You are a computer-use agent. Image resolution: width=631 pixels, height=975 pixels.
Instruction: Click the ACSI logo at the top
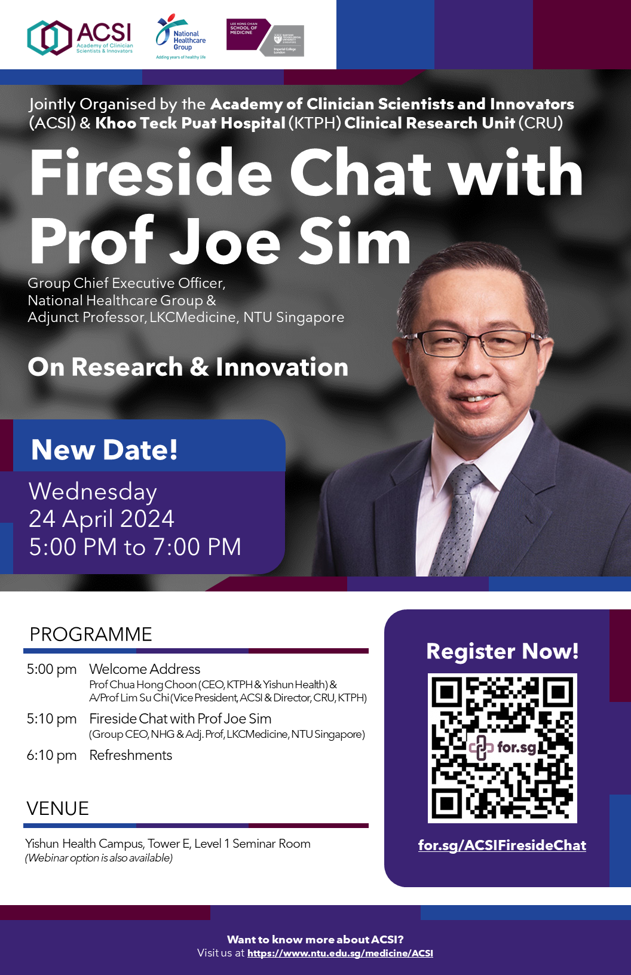(x=80, y=38)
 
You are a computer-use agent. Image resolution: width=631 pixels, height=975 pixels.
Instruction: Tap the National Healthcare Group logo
(x=180, y=37)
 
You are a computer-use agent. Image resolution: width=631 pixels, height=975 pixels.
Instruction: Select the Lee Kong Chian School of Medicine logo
(x=265, y=38)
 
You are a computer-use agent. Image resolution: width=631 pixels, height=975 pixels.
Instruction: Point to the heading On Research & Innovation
(x=188, y=367)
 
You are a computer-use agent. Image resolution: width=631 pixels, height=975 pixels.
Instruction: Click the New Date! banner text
(x=105, y=449)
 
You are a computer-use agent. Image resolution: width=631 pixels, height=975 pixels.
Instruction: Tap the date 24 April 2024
(x=102, y=519)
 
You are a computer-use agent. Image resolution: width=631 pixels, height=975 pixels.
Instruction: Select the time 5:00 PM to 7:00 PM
(x=135, y=547)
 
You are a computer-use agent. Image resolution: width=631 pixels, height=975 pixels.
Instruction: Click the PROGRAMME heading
(x=91, y=634)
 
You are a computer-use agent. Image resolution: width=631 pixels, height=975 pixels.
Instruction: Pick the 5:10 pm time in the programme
(x=51, y=719)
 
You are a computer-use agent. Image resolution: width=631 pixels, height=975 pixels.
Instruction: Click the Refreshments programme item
(x=131, y=755)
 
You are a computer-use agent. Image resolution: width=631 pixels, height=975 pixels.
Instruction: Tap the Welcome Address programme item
(x=145, y=669)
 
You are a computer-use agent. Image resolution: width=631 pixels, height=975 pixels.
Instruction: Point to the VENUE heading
(x=58, y=808)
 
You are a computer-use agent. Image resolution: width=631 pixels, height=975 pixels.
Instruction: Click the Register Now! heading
(x=502, y=651)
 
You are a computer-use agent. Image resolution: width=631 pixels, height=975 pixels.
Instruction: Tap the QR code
(x=502, y=748)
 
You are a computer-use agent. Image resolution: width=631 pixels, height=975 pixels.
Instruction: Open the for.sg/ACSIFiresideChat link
(x=502, y=845)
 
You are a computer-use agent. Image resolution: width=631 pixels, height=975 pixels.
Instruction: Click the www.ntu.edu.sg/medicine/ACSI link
(x=340, y=953)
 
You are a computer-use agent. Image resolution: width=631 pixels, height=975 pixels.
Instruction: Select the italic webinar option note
(x=99, y=858)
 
